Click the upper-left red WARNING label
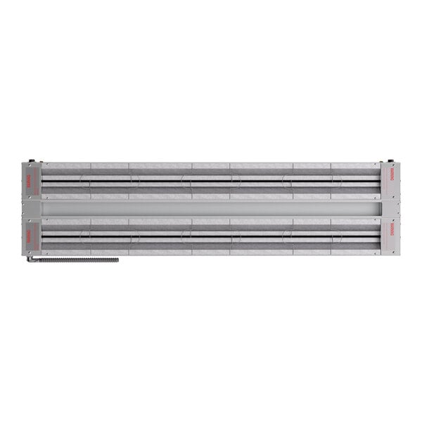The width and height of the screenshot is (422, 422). [x=30, y=181]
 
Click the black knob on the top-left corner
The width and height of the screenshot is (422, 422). [x=31, y=160]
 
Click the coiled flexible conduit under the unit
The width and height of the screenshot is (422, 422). [x=74, y=260]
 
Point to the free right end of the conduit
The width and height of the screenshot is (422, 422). [x=116, y=260]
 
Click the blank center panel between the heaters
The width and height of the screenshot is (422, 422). [x=211, y=209]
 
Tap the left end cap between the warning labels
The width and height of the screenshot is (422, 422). [x=31, y=209]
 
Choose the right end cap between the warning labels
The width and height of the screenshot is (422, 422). [x=390, y=209]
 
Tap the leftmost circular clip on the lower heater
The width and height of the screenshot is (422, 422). [x=84, y=236]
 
